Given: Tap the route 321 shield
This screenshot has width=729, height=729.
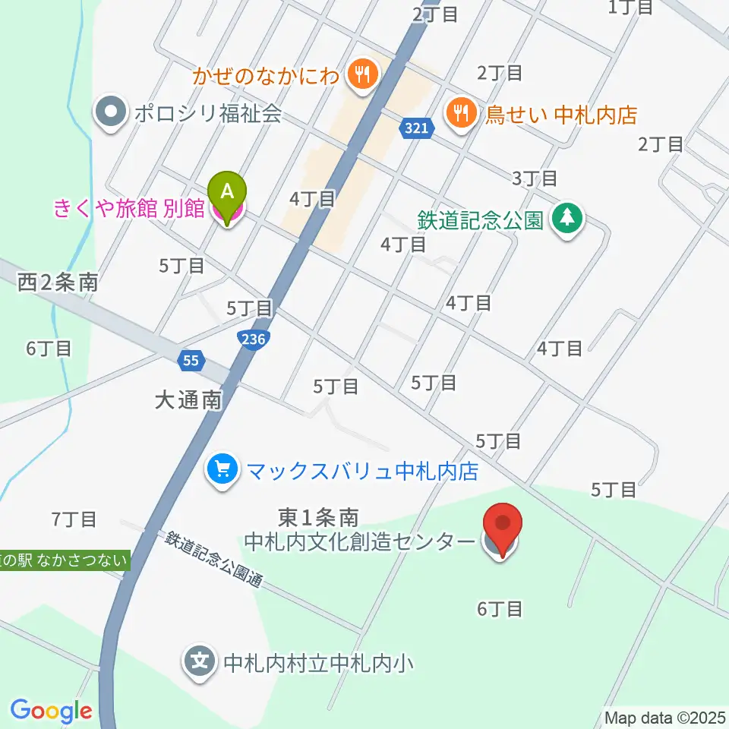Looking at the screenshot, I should (x=416, y=131).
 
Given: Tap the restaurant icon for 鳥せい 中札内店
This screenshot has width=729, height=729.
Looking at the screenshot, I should (x=460, y=115).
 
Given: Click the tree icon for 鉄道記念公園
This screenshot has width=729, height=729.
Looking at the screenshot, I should (x=566, y=219).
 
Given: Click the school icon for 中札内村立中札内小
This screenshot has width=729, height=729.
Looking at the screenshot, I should (x=199, y=662).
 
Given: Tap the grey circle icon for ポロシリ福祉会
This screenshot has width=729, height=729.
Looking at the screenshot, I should (x=111, y=115).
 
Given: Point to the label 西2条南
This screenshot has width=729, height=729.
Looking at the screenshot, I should (x=58, y=283).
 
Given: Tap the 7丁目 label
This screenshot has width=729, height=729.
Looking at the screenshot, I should (x=74, y=520).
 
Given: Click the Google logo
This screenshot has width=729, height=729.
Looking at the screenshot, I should (x=51, y=712).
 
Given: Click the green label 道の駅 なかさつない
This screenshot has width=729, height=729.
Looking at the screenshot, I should (x=65, y=561).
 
